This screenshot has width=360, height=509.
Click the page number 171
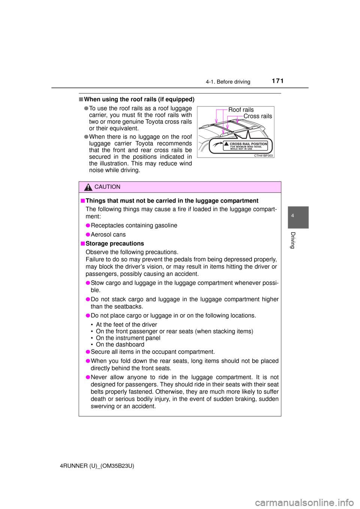(x=277, y=81)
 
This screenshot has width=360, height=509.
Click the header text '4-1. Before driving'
(x=228, y=82)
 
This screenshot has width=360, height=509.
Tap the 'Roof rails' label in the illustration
(x=241, y=110)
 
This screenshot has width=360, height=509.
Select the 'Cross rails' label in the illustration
(x=258, y=116)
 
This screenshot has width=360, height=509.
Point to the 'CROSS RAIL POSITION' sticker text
(x=248, y=144)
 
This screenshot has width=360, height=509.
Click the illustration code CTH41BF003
(x=263, y=156)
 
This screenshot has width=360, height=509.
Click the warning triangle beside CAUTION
(x=88, y=187)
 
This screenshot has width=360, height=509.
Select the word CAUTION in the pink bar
(x=107, y=187)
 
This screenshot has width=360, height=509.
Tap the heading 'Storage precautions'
(x=115, y=244)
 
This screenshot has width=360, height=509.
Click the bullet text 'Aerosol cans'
(x=108, y=235)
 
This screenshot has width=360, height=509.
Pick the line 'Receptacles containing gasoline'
(x=134, y=225)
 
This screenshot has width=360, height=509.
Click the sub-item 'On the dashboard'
(x=120, y=344)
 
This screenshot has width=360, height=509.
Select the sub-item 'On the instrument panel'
(x=128, y=338)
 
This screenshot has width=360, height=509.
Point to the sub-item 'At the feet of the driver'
(x=126, y=325)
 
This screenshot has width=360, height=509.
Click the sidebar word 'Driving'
(x=293, y=240)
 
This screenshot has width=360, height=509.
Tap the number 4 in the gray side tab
(x=293, y=216)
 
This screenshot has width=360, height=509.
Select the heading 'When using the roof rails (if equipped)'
(x=139, y=99)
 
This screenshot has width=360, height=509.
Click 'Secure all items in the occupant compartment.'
(x=153, y=352)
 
